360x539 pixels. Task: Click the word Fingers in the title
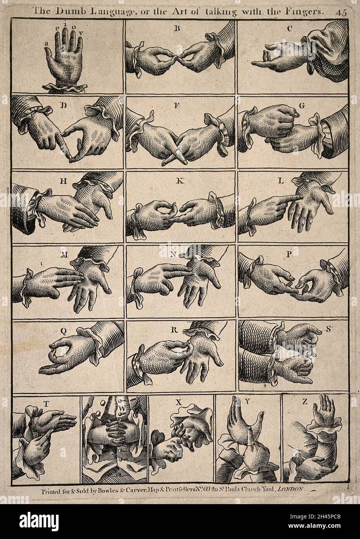point(305,11)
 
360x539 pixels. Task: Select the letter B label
point(178,28)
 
